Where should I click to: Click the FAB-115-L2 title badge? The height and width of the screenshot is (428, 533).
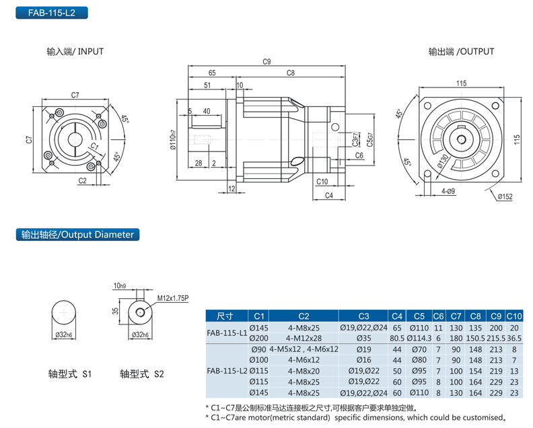coord(45,12)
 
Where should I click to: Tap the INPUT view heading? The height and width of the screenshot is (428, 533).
coord(75,51)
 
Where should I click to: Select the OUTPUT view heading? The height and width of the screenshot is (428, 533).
coord(461,51)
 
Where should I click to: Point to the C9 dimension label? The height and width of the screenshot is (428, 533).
coord(266,62)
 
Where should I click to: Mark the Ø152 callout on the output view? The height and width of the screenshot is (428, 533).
coord(505,197)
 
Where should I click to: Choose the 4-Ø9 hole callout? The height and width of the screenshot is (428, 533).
coord(450,192)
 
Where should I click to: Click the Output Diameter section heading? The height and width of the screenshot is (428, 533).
coord(77,235)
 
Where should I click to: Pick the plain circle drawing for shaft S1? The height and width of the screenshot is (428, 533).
coord(65,315)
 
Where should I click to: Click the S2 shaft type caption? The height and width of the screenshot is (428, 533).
coord(141,373)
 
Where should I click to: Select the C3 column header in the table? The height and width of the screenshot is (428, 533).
coord(363,316)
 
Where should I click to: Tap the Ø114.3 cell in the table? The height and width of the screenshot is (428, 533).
coord(419,338)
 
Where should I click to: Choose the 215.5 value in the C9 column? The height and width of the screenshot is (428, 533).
coord(495,338)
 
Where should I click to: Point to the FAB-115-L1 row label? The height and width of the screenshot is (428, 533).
coord(227,332)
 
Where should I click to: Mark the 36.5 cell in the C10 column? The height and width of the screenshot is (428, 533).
coord(515,338)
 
